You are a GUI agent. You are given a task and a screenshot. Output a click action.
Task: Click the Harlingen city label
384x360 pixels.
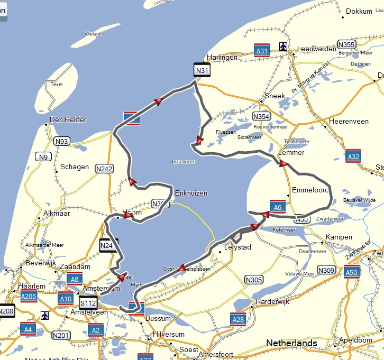coord(222,57)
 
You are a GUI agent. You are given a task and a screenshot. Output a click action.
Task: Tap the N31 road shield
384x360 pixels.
coord(202,70)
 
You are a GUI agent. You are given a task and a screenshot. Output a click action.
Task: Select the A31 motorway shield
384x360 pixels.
coord(261,50)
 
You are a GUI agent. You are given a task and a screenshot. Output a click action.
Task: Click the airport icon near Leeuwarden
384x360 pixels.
coord(284,47)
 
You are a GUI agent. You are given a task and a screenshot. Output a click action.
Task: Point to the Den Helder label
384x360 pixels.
coord(68,119)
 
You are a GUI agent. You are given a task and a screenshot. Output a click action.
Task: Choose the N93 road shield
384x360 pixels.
coord(62,141)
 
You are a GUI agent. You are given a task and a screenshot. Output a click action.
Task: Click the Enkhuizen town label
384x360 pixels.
coord(191,193)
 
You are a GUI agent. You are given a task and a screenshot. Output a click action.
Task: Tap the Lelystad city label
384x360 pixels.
coord(238,247)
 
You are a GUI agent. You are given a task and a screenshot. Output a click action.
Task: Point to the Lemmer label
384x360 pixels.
coord(291,152)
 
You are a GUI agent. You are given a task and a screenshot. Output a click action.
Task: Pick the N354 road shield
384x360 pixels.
coord(261,116)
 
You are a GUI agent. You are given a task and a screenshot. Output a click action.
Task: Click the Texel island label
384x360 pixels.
coord(56,84)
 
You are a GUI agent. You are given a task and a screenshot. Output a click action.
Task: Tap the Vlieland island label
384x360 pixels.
coord(93,33)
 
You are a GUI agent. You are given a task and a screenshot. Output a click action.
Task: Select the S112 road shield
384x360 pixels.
coord(88,303)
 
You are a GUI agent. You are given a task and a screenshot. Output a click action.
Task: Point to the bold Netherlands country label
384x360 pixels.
coord(291,343)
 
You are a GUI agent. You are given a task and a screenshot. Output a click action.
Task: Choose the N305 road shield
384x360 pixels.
coord(254,280)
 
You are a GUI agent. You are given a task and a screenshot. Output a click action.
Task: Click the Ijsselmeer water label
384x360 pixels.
coord(184,162)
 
